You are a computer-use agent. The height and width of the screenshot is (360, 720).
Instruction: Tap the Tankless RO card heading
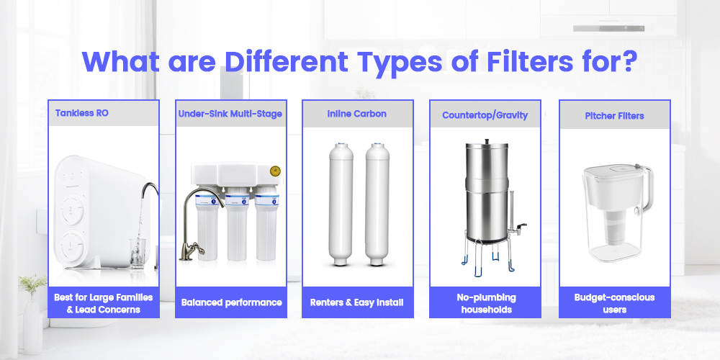(82, 113)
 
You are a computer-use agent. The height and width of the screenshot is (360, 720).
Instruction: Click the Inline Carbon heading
(357, 114)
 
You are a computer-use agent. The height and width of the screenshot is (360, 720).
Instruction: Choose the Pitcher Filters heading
(614, 114)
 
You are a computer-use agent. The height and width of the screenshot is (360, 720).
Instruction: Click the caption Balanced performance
(231, 302)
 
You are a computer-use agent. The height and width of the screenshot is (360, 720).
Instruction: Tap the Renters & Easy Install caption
(357, 302)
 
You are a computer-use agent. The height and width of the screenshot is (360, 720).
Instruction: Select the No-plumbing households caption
(485, 303)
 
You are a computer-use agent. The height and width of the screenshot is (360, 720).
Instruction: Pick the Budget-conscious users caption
(615, 303)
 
